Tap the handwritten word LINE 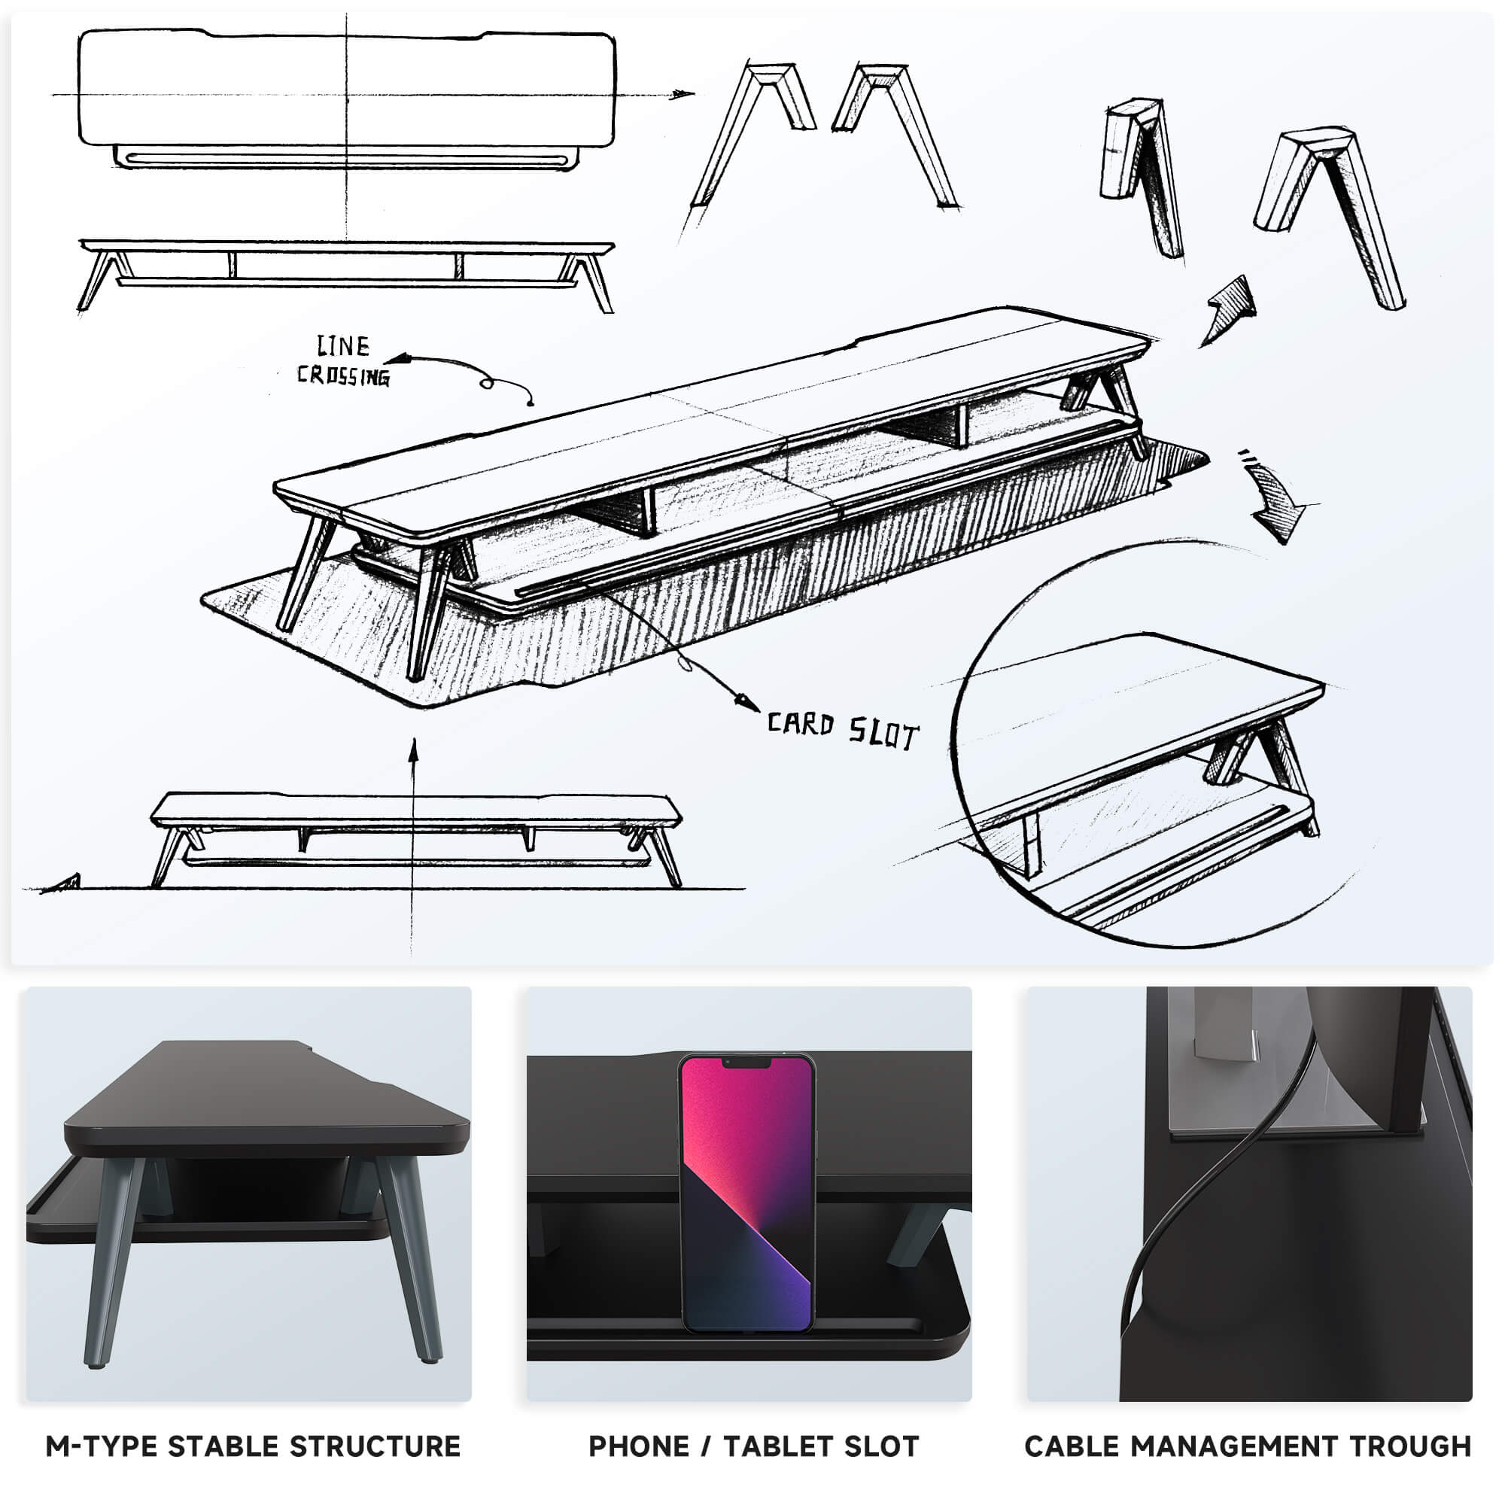pos(342,346)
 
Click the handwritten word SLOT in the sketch pos(883,733)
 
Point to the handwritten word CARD pos(801,725)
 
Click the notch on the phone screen pos(747,1063)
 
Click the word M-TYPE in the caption pos(102,1446)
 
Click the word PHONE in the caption pos(639,1446)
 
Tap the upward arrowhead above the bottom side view pos(414,749)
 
